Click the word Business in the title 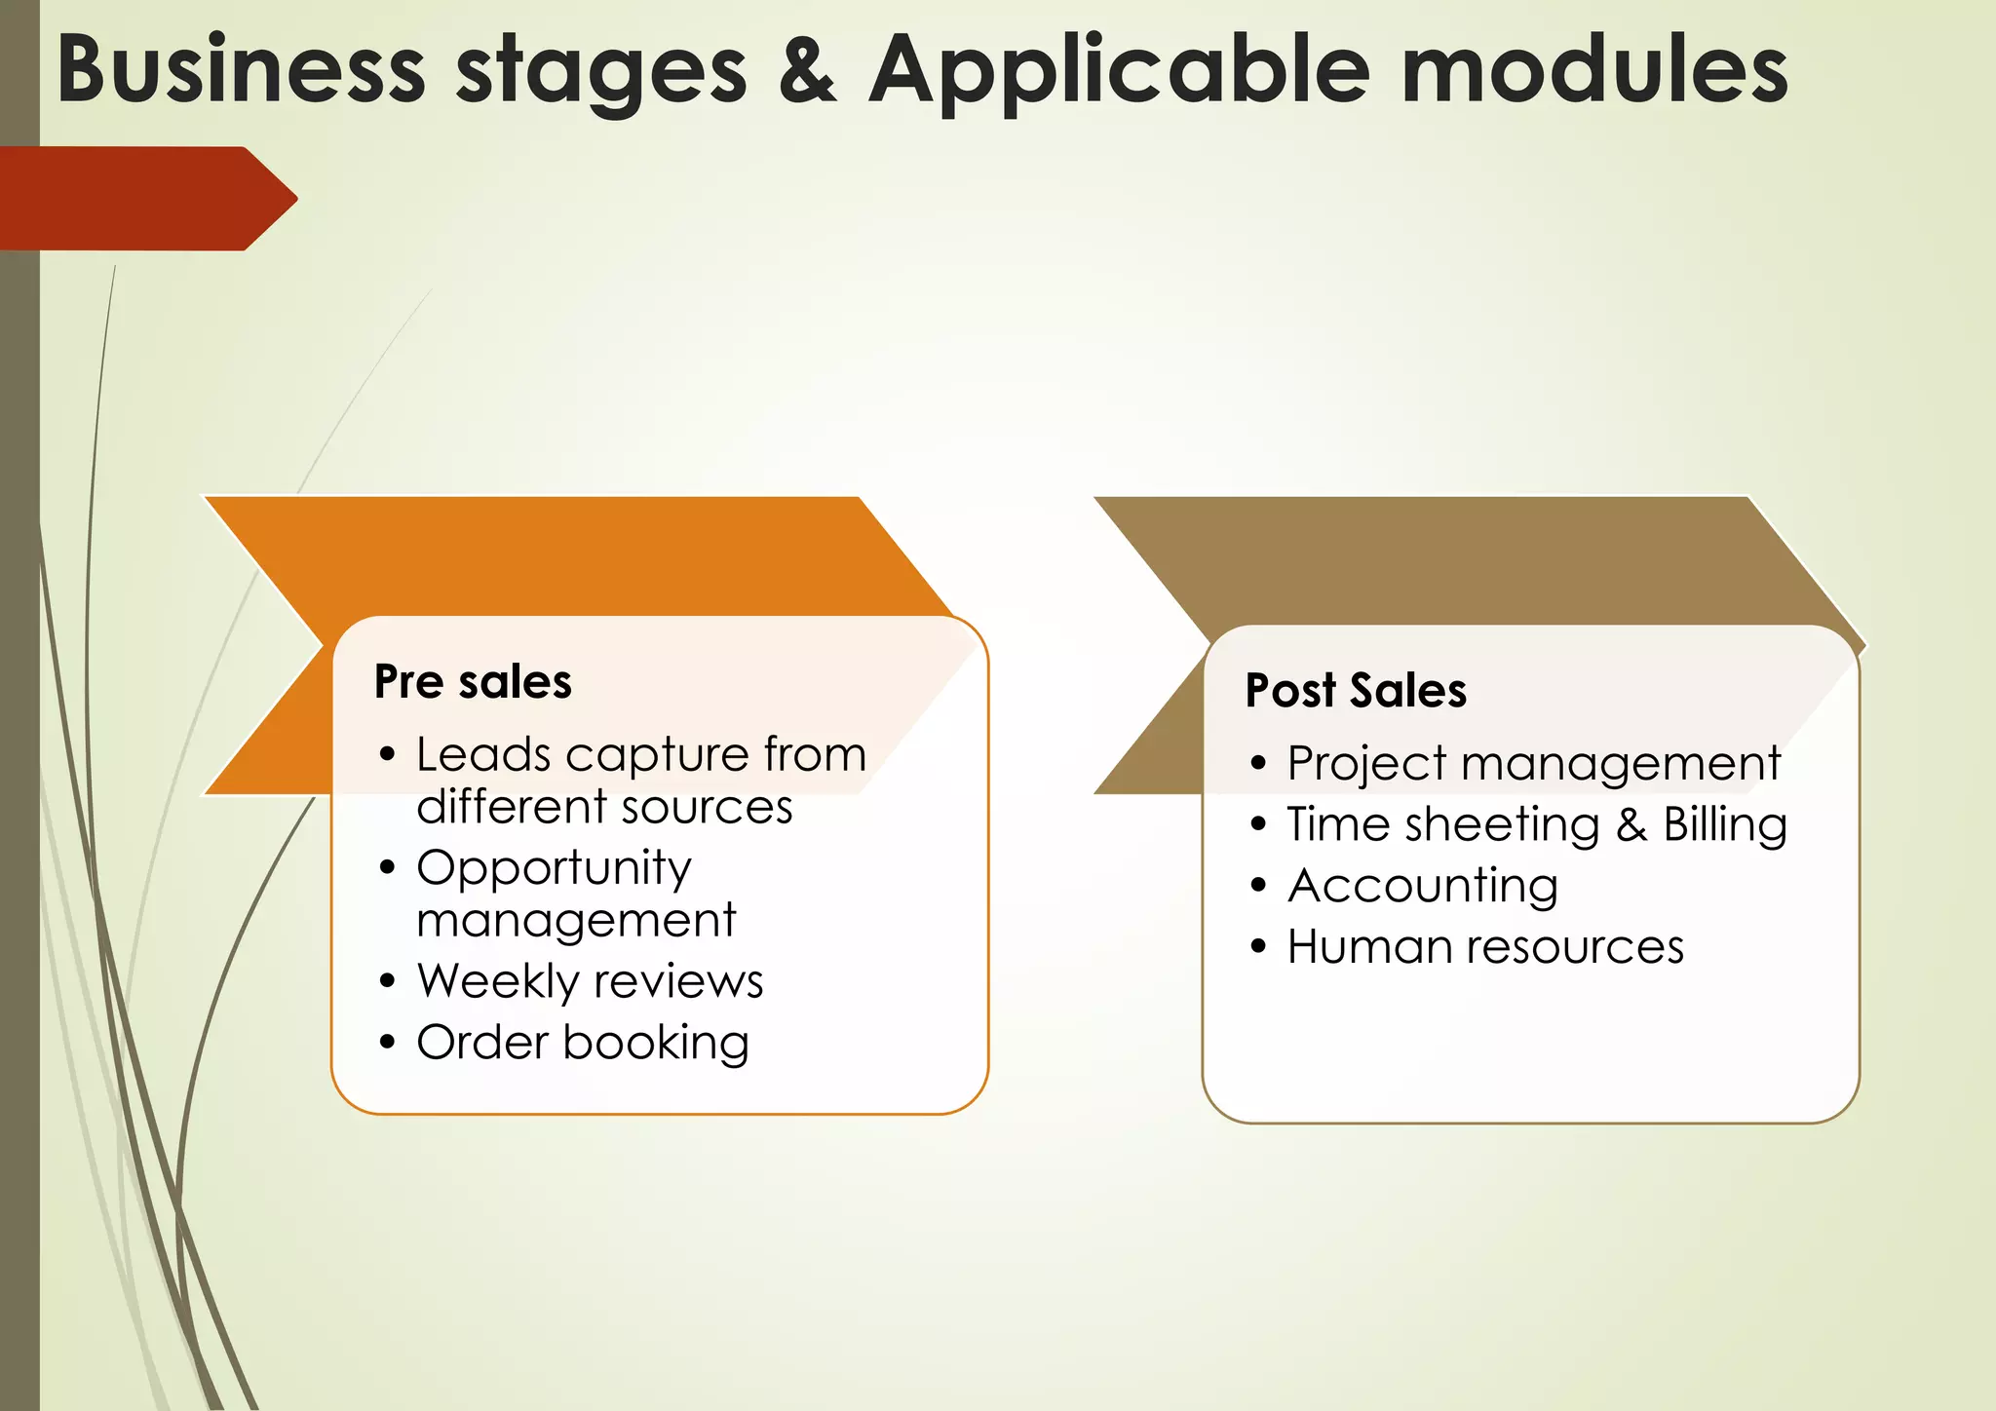[x=241, y=70]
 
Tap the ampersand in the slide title [x=807, y=70]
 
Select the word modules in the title [x=1594, y=70]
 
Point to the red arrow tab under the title [x=146, y=199]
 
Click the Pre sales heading [x=473, y=681]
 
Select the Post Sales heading [x=1356, y=691]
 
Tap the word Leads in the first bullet [x=483, y=754]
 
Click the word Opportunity [x=554, y=867]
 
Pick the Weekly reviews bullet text [x=590, y=980]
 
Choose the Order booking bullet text [x=583, y=1043]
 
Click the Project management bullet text [x=1533, y=763]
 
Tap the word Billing [x=1725, y=824]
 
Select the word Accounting [x=1423, y=886]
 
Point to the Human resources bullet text [x=1485, y=946]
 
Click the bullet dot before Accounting [x=1258, y=886]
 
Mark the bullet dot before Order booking [x=388, y=1043]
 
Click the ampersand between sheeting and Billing [x=1631, y=824]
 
